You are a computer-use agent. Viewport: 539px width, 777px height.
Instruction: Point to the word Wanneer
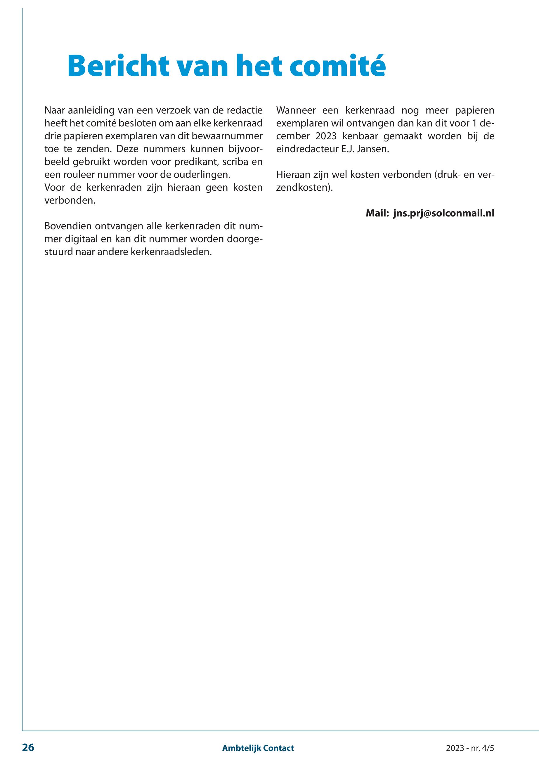[x=296, y=110]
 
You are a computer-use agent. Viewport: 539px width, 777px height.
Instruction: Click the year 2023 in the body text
[x=326, y=136]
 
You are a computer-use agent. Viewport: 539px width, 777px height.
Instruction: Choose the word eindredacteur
[x=306, y=149]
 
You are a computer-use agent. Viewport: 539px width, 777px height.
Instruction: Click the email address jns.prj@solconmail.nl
[x=443, y=214]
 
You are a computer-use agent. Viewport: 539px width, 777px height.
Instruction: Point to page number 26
[x=28, y=747]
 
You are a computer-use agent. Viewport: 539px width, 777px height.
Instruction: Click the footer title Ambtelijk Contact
[x=258, y=748]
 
